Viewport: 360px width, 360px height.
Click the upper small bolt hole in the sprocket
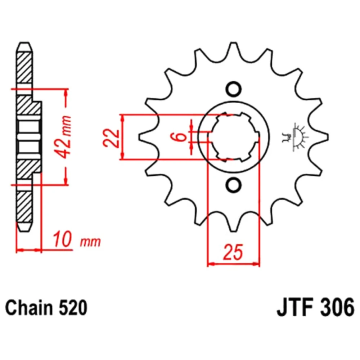234,89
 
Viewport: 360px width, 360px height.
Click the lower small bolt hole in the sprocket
234,185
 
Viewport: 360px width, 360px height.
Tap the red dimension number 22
112,138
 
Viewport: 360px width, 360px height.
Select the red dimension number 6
181,137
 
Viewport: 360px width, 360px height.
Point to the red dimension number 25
233,252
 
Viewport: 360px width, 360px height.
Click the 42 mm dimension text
63,137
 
